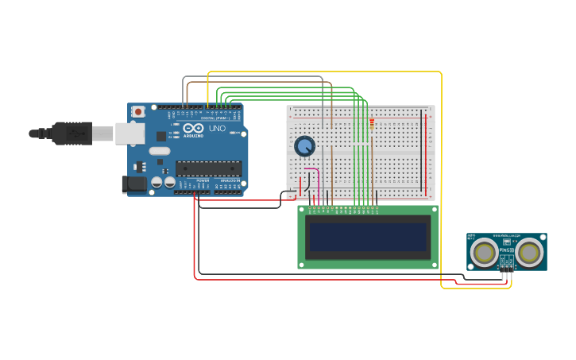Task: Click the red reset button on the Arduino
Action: tap(138, 112)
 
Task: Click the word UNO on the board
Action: tap(217, 129)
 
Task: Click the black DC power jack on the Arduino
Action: tap(135, 184)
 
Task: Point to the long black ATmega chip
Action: tap(208, 168)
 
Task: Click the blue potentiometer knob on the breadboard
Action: tap(304, 146)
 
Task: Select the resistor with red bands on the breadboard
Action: tap(372, 124)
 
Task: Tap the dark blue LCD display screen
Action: tap(368, 237)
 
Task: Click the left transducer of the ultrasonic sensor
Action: tap(484, 253)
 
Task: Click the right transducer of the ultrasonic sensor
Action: tap(530, 253)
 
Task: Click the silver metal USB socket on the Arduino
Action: tap(130, 134)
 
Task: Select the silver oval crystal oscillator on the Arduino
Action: tap(160, 151)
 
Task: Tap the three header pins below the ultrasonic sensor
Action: tap(506, 271)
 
